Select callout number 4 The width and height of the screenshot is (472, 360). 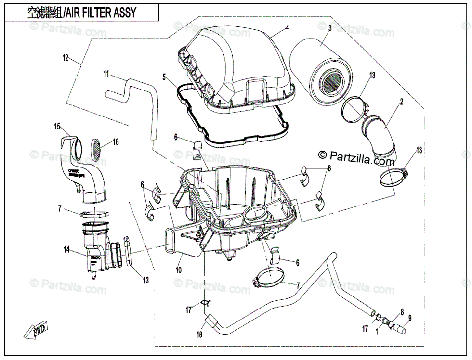pos(287,28)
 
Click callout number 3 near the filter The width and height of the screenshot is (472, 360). pos(330,29)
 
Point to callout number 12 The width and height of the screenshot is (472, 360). pos(66,58)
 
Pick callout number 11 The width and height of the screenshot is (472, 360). pos(106,74)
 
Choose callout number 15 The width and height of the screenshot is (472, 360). pos(57,127)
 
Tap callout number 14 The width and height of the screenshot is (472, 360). pos(67,249)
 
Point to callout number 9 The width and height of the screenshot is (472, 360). pos(410,318)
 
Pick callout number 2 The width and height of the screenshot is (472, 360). pos(401,101)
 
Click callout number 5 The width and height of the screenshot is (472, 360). pos(164,77)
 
